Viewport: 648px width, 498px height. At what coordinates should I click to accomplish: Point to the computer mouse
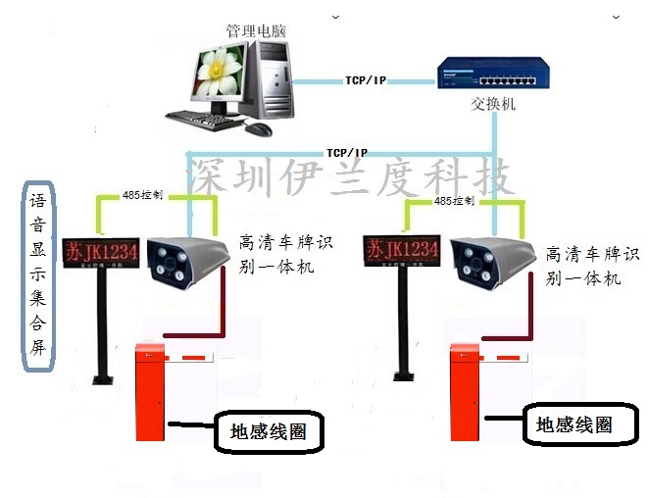[x=258, y=128]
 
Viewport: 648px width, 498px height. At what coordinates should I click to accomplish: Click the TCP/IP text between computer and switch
[x=366, y=79]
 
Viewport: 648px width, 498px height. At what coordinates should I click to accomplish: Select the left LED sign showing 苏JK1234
[x=101, y=251]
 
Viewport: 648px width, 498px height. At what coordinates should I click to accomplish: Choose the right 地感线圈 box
[x=573, y=424]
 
